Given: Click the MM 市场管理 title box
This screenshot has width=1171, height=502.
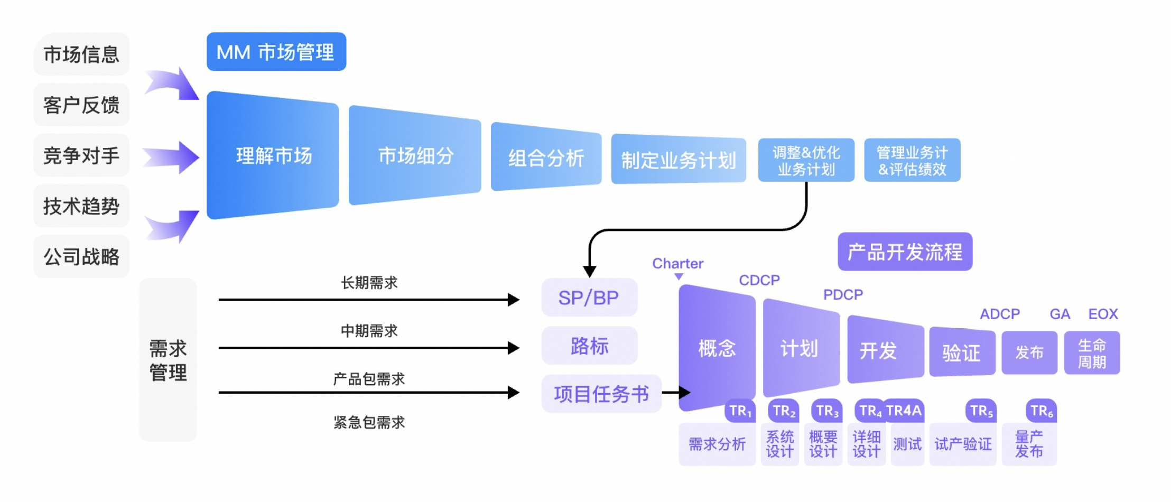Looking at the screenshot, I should pos(276,52).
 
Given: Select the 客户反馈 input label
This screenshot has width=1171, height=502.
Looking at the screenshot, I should pos(81,105).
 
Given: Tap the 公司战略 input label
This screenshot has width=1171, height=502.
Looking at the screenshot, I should pos(81,257).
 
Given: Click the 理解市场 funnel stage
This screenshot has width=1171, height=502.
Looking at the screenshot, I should pos(273,155).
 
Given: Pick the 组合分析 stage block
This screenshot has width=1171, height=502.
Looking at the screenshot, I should pos(546,157).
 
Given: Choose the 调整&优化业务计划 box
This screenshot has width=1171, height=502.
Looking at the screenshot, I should pos(806,161).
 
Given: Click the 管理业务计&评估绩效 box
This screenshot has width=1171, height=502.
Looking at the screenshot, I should pos(912,161).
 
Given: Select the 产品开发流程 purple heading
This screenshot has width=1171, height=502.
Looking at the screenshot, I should pos(905,252).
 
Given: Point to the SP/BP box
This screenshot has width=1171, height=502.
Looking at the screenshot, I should pos(589,298).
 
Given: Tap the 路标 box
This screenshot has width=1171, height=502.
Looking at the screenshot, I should pos(589,346).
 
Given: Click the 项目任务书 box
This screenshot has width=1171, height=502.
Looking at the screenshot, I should pos(601,394).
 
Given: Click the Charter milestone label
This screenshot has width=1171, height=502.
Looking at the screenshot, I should pos(677,263).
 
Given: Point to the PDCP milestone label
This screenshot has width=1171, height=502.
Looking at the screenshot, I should pos(843,294).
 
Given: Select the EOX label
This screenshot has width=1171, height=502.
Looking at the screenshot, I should pos(1103,314).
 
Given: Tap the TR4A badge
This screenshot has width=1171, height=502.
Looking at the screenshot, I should pos(904,411).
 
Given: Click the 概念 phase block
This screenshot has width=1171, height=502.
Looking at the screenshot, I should pos(717,348).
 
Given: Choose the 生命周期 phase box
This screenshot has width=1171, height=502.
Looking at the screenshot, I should pos(1092,353).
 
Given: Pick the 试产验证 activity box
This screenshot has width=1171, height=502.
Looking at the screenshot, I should pos(962,444).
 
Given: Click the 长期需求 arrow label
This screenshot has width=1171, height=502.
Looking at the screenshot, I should pos(369,283).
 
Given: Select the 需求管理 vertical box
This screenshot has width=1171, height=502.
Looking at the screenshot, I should pos(168,360).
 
